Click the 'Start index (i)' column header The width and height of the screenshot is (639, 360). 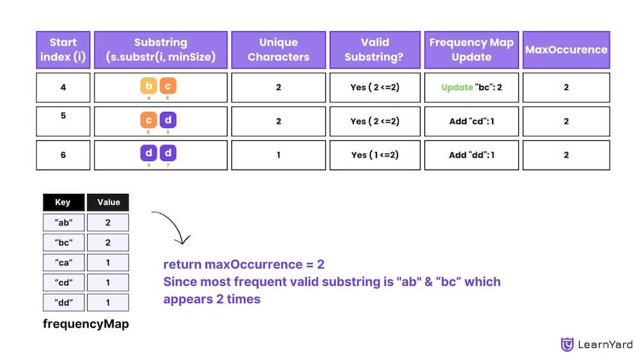[63, 50]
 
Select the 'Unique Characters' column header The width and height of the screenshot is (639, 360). [279, 50]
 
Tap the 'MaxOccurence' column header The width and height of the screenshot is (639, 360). [566, 50]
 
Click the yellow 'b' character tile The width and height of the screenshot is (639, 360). [150, 86]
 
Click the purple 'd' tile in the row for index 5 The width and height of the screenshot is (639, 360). [168, 120]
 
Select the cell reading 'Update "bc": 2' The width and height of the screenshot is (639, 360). [472, 87]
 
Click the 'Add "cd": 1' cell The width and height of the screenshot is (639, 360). [472, 121]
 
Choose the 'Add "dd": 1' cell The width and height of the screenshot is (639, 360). [472, 155]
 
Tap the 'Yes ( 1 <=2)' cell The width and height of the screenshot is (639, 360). [375, 155]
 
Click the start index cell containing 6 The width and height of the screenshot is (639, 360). [63, 155]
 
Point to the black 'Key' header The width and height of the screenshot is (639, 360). [63, 202]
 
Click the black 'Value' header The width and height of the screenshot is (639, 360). [108, 202]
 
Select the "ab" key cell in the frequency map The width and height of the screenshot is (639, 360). [63, 223]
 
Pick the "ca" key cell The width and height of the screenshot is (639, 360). [63, 262]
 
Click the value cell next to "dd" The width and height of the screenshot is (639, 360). [108, 302]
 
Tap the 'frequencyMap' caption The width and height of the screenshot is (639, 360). [86, 324]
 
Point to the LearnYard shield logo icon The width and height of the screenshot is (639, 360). [567, 345]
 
